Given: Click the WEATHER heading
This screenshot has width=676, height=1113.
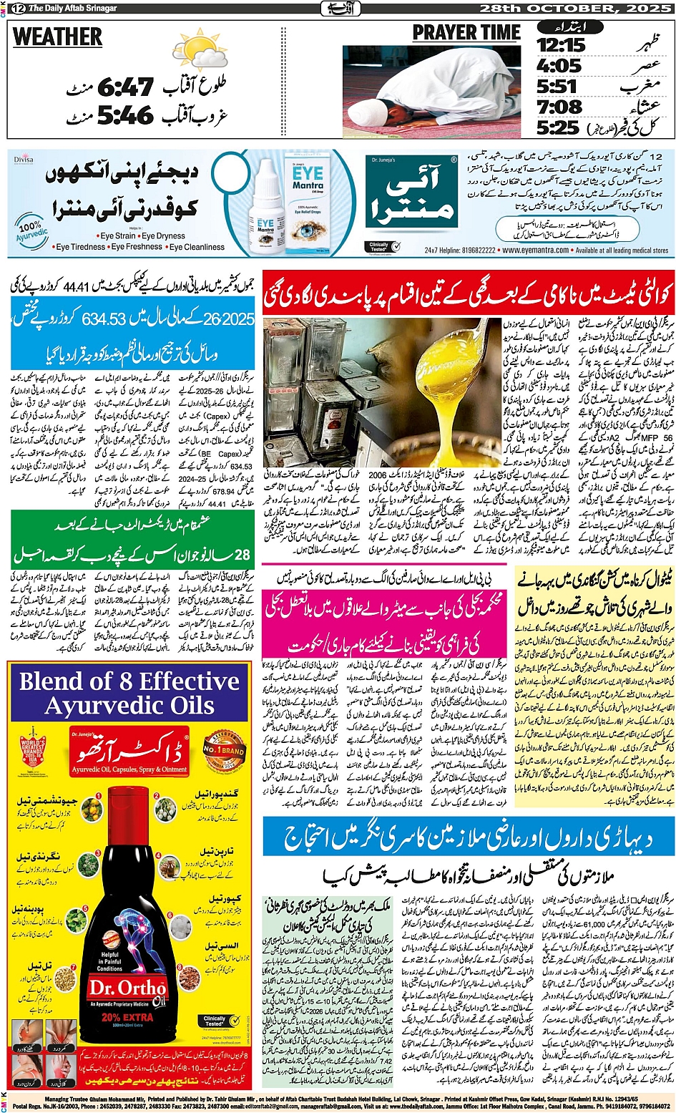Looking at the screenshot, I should (57, 37).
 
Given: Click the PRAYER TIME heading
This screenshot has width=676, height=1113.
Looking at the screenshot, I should (466, 33).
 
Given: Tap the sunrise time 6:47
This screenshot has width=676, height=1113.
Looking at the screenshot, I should (125, 88).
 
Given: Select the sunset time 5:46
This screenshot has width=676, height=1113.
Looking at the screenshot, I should (125, 115).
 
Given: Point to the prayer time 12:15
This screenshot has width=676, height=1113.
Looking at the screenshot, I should (561, 45).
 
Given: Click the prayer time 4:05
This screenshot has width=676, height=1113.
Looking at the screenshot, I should (559, 66).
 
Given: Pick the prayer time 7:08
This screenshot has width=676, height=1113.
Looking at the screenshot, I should (559, 107).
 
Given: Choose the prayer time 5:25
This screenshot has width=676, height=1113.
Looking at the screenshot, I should (557, 128).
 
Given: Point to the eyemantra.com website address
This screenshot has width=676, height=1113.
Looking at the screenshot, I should (536, 251).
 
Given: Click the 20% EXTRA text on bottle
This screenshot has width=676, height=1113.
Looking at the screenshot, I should (127, 1016).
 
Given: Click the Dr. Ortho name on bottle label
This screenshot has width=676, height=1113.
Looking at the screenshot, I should (127, 988).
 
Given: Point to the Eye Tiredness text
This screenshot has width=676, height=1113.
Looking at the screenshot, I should (80, 247).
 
